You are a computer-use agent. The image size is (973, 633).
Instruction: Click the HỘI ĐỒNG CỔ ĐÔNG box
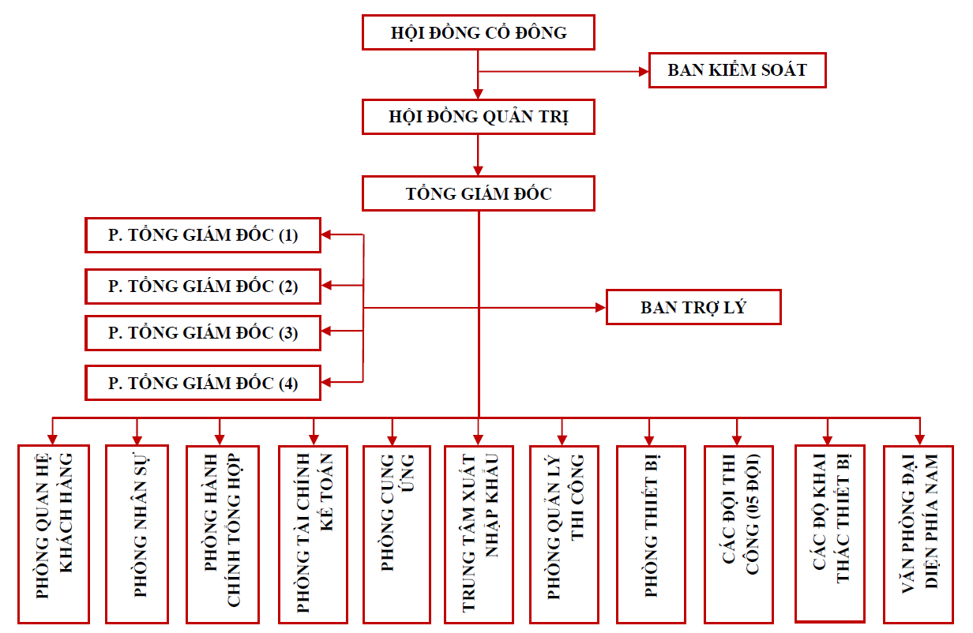pyautogui.click(x=478, y=33)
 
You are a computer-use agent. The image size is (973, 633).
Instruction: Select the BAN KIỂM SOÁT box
pyautogui.click(x=737, y=70)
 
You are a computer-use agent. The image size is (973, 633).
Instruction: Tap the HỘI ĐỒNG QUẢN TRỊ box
pyautogui.click(x=478, y=118)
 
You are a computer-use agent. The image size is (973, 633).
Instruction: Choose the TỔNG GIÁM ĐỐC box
pyautogui.click(x=478, y=194)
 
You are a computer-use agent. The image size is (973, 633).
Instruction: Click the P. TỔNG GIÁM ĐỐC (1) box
pyautogui.click(x=203, y=235)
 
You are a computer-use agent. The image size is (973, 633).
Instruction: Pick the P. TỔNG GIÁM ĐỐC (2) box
pyautogui.click(x=203, y=287)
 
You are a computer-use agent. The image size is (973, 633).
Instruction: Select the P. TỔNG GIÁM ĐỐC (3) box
pyautogui.click(x=203, y=333)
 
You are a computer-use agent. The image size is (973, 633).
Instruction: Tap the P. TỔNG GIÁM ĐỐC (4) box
pyautogui.click(x=203, y=384)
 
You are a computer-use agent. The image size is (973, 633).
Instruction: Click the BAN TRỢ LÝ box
pyautogui.click(x=693, y=308)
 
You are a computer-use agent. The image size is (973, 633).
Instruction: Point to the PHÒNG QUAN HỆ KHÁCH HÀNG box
pyautogui.click(x=54, y=534)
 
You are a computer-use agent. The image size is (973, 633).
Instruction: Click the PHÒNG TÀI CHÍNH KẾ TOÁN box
pyautogui.click(x=314, y=534)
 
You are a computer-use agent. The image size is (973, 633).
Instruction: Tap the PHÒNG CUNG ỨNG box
pyautogui.click(x=396, y=534)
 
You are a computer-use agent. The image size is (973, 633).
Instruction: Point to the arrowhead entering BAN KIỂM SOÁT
pyautogui.click(x=642, y=71)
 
